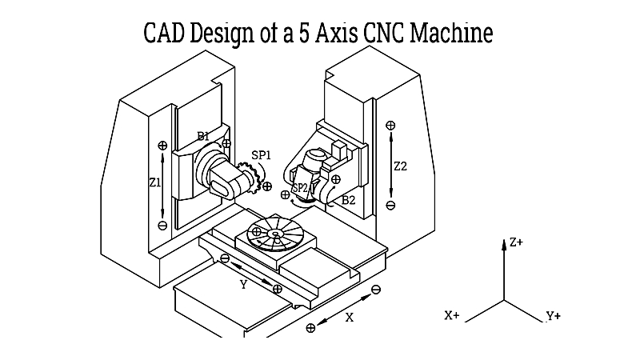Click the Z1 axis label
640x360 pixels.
pos(155,182)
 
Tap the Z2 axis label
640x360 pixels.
pos(401,166)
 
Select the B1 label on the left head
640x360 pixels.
pos(204,136)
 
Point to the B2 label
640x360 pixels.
pos(348,200)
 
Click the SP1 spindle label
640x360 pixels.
pos(261,155)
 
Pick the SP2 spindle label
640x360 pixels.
pos(299,188)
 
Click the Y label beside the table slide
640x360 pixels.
pos(243,284)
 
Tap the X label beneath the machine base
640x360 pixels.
pos(349,317)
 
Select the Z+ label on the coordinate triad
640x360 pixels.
pos(516,242)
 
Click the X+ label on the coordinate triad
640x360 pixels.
pos(451,316)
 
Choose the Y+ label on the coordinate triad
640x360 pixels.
pos(553,316)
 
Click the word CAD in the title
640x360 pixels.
pos(166,34)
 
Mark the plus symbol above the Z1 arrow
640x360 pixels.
pos(162,146)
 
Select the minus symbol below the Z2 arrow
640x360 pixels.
pos(390,206)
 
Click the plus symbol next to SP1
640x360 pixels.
pos(267,186)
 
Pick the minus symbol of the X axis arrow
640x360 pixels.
pos(376,288)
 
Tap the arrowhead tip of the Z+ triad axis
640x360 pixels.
pos(504,241)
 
